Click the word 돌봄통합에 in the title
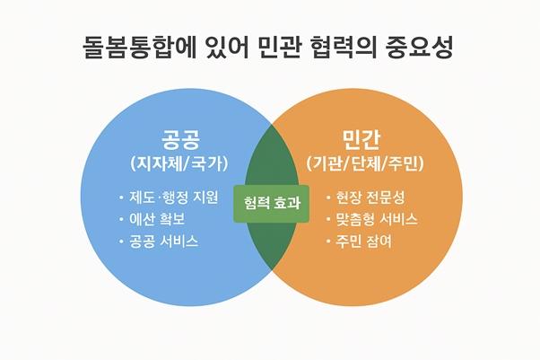pyautogui.click(x=139, y=48)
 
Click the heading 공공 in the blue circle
pyautogui.click(x=181, y=140)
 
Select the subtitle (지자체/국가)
pyautogui.click(x=179, y=163)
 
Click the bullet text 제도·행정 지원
pyautogui.click(x=174, y=198)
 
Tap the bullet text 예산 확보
pyautogui.click(x=157, y=219)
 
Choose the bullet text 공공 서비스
pyautogui.click(x=163, y=241)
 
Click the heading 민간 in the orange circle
pyautogui.click(x=361, y=140)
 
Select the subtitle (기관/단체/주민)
pyautogui.click(x=365, y=163)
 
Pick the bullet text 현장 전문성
pyautogui.click(x=370, y=198)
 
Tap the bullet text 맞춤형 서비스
pyautogui.click(x=377, y=219)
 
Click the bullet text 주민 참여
pyautogui.click(x=363, y=241)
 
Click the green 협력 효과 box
pyautogui.click(x=272, y=204)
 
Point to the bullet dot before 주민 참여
pyautogui.click(x=328, y=241)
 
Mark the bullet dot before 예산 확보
pyautogui.click(x=121, y=219)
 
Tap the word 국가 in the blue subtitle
pyautogui.click(x=207, y=163)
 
